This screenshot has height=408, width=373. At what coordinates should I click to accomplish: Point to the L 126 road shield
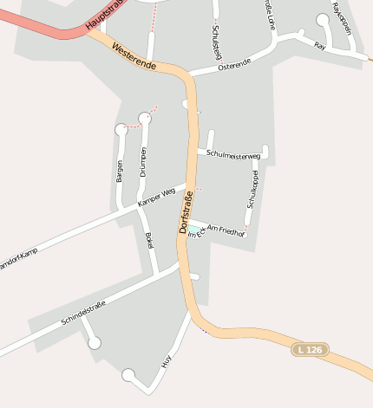[x=310, y=349]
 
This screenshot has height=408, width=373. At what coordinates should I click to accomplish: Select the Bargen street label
[x=120, y=171]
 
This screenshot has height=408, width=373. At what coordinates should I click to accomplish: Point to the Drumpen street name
[x=143, y=162]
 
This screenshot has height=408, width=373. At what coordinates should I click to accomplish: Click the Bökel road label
[x=149, y=241]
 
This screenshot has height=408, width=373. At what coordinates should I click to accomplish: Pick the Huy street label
[x=167, y=359]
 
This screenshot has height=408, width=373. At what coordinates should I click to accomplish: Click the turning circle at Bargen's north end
[x=121, y=130]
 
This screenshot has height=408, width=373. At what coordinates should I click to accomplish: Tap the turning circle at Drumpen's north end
[x=145, y=119]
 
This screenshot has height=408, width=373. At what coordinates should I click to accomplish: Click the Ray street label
[x=319, y=45]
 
